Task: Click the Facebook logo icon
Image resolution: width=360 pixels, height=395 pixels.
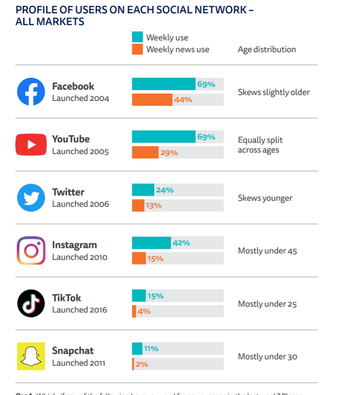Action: [31, 92]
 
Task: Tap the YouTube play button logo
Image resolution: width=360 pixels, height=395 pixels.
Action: [31, 145]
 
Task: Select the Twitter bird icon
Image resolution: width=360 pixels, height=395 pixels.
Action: [31, 198]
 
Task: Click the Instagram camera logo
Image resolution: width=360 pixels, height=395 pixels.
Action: [31, 250]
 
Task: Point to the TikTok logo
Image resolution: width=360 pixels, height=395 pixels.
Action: [31, 303]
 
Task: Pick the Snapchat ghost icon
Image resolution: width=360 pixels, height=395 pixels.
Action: [31, 356]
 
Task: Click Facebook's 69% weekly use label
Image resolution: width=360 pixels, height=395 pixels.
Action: [206, 84]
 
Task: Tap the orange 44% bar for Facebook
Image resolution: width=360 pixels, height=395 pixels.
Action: [152, 100]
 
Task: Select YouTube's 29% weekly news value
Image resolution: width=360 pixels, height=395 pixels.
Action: [169, 153]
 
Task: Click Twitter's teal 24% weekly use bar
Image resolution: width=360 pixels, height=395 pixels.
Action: [143, 190]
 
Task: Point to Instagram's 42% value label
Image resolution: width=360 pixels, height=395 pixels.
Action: [181, 243]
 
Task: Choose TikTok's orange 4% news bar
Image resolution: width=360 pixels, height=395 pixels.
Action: [134, 311]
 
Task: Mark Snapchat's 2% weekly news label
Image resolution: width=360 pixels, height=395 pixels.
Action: [142, 364]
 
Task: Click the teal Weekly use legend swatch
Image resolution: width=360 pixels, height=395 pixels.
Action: [137, 37]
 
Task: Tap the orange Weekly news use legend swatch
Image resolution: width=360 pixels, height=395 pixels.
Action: [137, 49]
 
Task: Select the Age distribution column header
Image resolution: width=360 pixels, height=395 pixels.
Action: [266, 49]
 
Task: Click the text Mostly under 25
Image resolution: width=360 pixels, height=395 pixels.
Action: [267, 304]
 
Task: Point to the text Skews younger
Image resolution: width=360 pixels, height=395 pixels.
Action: [265, 198]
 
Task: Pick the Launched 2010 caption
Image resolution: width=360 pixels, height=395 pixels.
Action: [80, 257]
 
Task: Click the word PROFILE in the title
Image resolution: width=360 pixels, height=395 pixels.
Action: [35, 10]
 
